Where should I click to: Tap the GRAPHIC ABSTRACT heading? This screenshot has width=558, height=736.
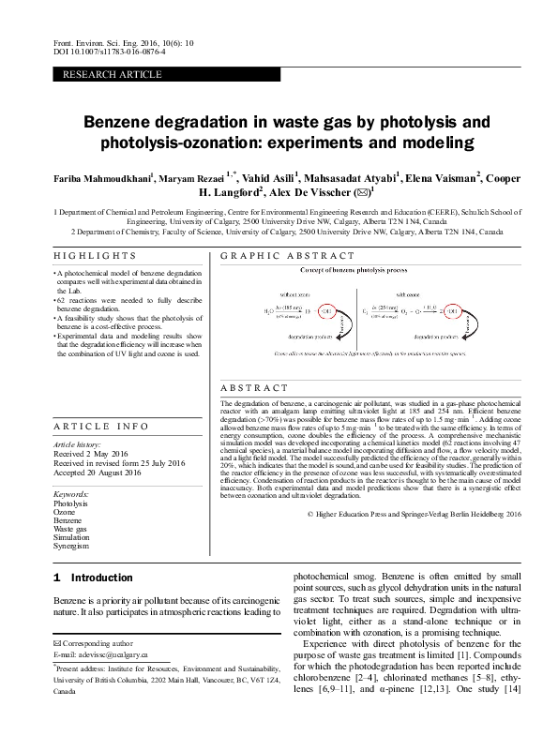(x=287, y=256)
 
